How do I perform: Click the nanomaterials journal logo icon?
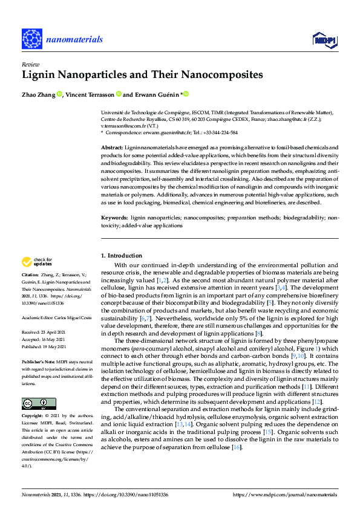[x=32, y=39]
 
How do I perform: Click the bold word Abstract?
[x=111, y=148]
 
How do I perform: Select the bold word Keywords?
[x=114, y=216]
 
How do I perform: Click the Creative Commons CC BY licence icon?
[x=34, y=387]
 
